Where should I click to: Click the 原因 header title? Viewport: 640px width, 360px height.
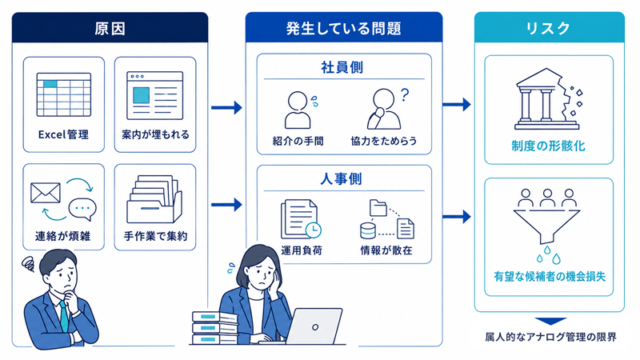click(x=110, y=29)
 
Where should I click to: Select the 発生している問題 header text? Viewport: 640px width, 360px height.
click(x=344, y=29)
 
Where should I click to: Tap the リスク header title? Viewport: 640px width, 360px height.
click(x=548, y=28)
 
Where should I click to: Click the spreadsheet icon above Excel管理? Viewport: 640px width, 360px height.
click(x=64, y=94)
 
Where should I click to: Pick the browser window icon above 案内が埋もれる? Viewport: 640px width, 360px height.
click(x=154, y=95)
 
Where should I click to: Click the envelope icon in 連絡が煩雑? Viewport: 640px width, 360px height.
click(x=46, y=193)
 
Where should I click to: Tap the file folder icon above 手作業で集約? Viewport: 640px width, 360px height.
click(x=154, y=198)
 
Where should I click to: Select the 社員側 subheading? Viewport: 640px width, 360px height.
click(x=342, y=67)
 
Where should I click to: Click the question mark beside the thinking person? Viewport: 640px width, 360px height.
click(x=404, y=94)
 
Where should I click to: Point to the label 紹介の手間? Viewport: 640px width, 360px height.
click(x=298, y=142)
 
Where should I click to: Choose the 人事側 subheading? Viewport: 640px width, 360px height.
click(x=342, y=178)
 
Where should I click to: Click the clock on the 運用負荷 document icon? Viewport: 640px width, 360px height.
click(x=313, y=230)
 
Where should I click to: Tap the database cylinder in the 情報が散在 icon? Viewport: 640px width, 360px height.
click(x=367, y=230)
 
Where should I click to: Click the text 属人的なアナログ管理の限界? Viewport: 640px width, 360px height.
click(x=550, y=337)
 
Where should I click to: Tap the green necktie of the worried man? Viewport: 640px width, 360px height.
click(x=64, y=316)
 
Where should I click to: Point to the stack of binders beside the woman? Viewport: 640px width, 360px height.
click(x=215, y=328)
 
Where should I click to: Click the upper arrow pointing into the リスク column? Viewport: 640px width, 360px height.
click(x=457, y=105)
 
